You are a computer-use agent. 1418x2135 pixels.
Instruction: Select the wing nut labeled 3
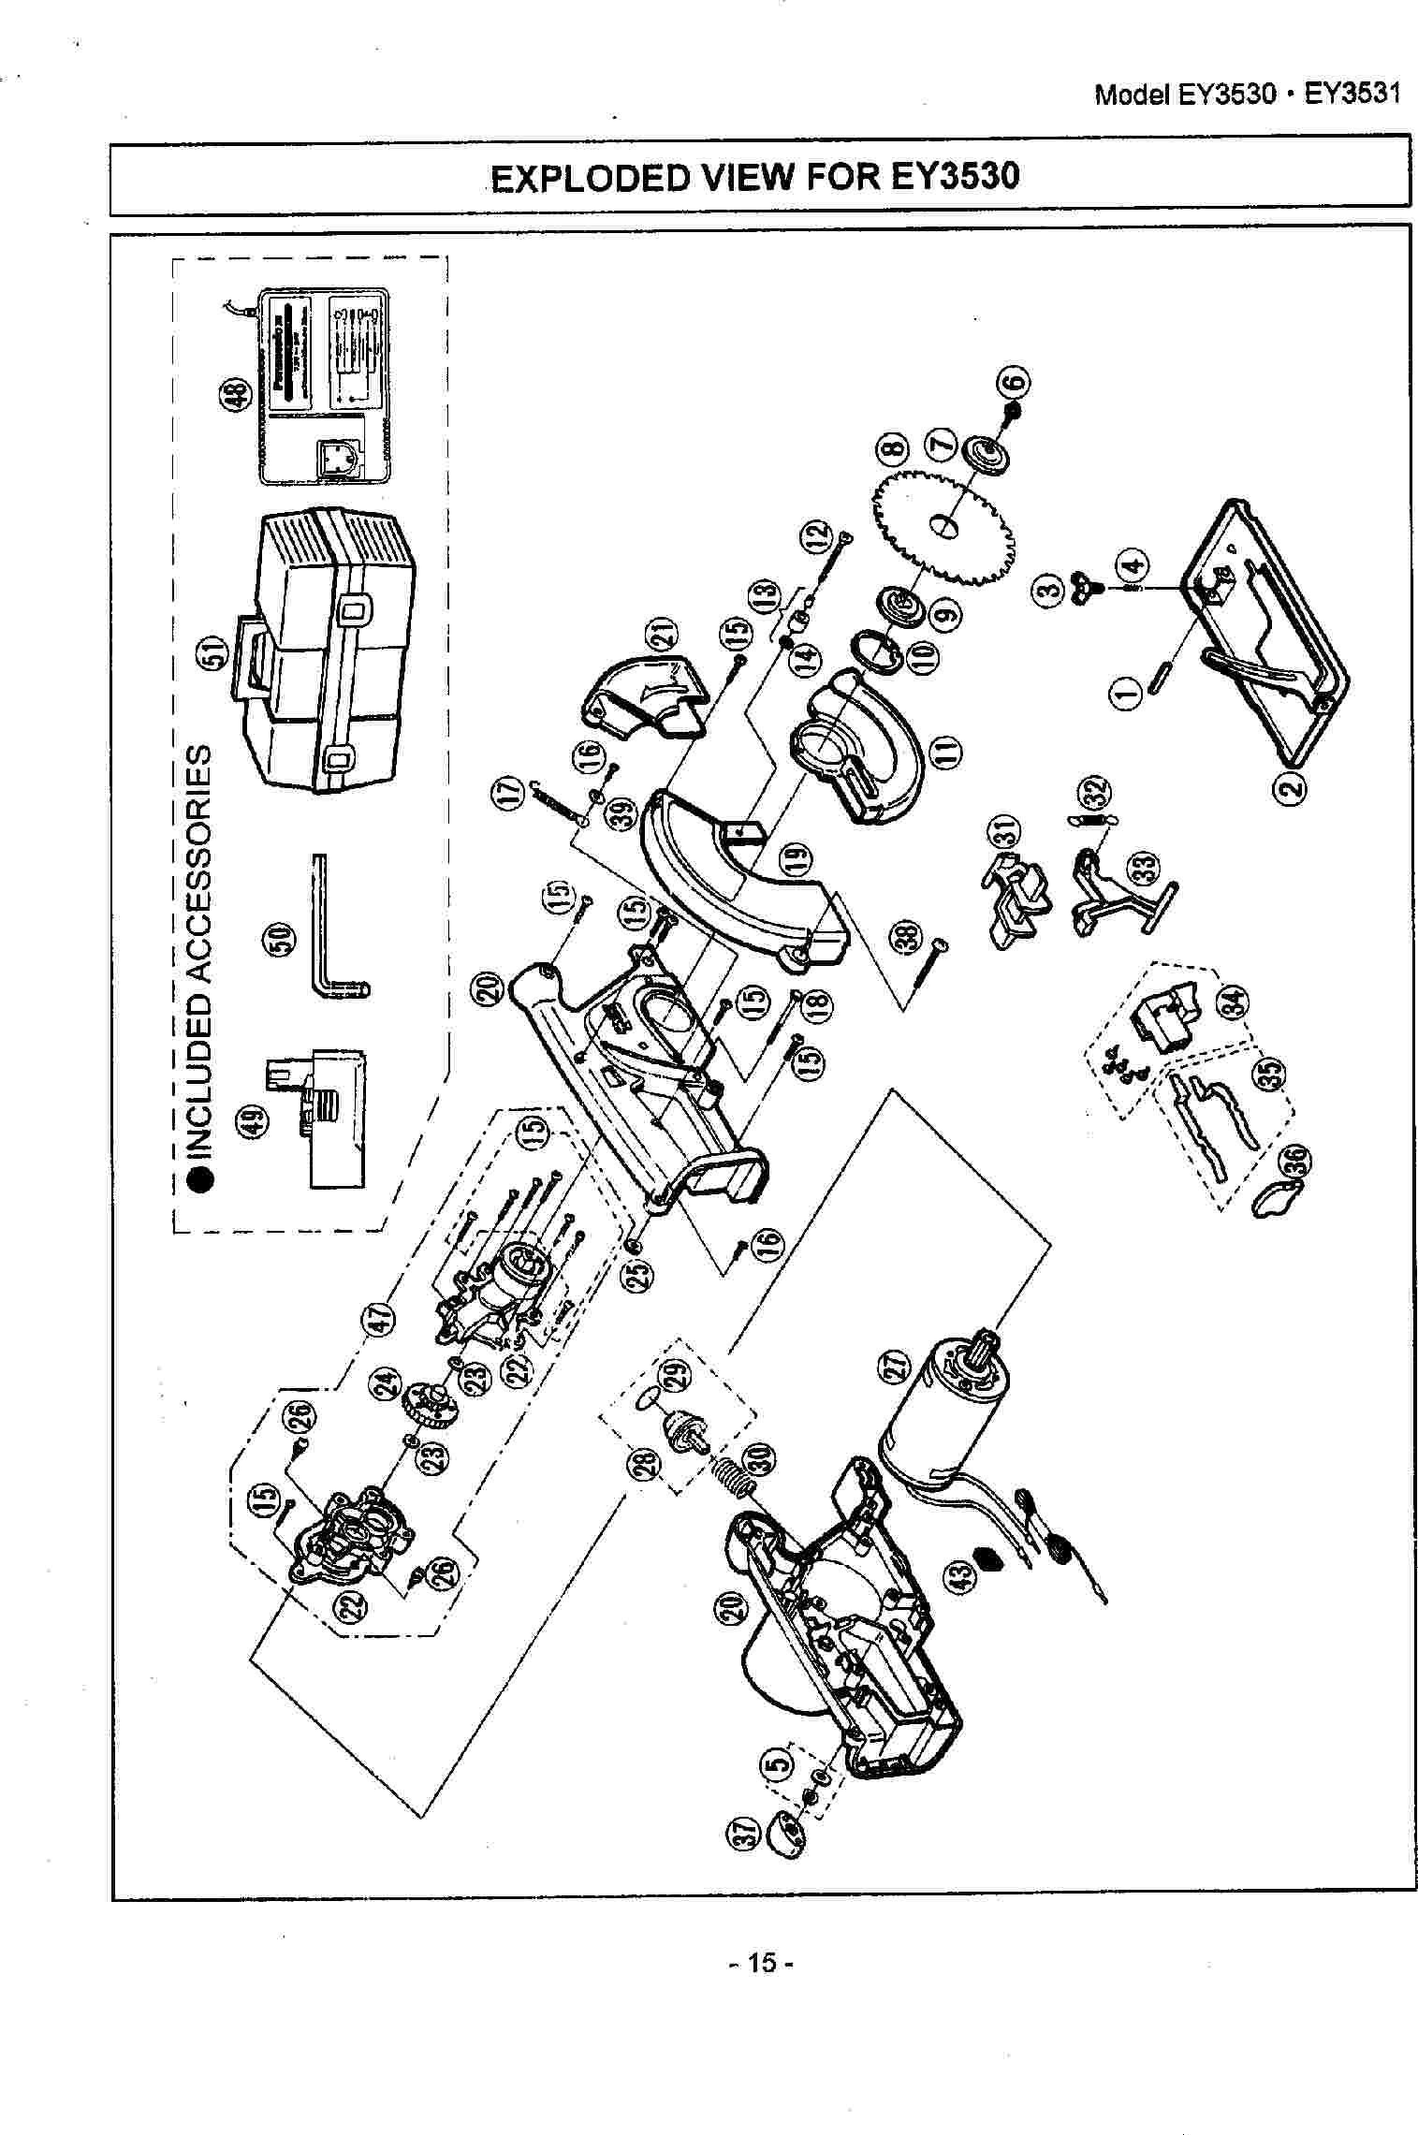coord(1082,587)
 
